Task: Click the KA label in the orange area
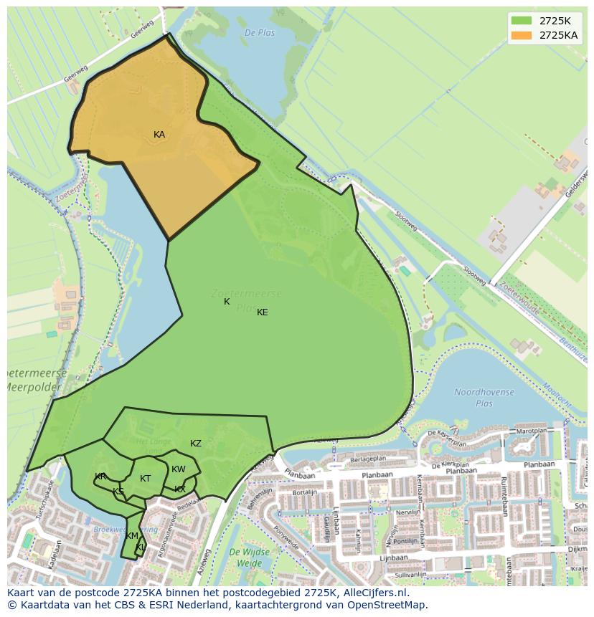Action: tap(159, 135)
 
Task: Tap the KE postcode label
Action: tap(263, 312)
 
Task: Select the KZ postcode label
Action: tap(196, 444)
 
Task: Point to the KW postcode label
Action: tap(179, 469)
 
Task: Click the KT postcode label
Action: tap(146, 479)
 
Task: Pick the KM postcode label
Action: tap(132, 536)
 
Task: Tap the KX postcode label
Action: tap(180, 489)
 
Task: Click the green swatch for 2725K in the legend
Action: tap(522, 21)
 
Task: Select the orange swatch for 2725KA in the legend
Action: tap(522, 35)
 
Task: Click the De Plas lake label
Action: tap(259, 33)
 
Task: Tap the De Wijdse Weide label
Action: tap(250, 558)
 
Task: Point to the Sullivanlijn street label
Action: tap(410, 575)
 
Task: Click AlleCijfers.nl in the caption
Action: tap(372, 593)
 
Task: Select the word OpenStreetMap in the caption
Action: tap(385, 606)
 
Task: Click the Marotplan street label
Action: tap(532, 432)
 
